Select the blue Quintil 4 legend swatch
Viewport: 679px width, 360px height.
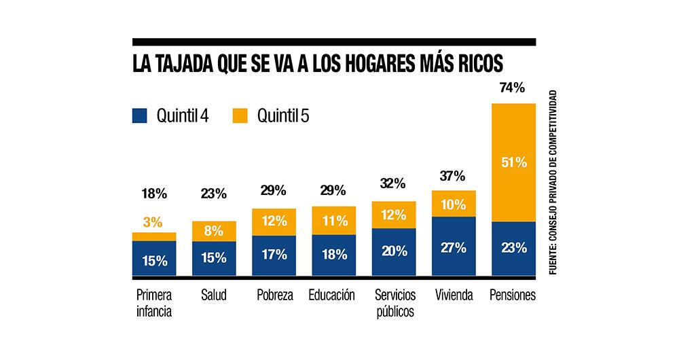click(140, 115)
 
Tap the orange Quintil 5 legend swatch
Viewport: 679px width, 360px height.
click(240, 115)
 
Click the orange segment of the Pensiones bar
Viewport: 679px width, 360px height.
click(513, 162)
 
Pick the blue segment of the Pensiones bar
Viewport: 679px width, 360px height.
click(513, 248)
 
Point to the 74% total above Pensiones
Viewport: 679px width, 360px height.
click(513, 88)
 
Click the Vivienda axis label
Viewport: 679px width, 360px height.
click(453, 295)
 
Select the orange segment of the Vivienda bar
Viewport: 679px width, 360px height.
click(454, 204)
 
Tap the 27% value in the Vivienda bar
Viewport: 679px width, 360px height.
click(454, 247)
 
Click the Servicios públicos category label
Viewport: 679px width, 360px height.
click(394, 304)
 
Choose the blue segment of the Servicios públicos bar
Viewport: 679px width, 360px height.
click(394, 251)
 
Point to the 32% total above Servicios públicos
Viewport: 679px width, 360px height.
click(393, 183)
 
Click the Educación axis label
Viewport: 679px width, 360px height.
click(332, 295)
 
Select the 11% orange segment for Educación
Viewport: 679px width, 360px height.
click(333, 220)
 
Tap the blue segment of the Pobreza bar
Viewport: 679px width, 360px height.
click(274, 255)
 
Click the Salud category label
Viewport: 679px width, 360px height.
click(214, 295)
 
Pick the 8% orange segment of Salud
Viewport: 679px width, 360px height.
click(214, 231)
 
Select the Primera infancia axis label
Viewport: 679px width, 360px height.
click(154, 304)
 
